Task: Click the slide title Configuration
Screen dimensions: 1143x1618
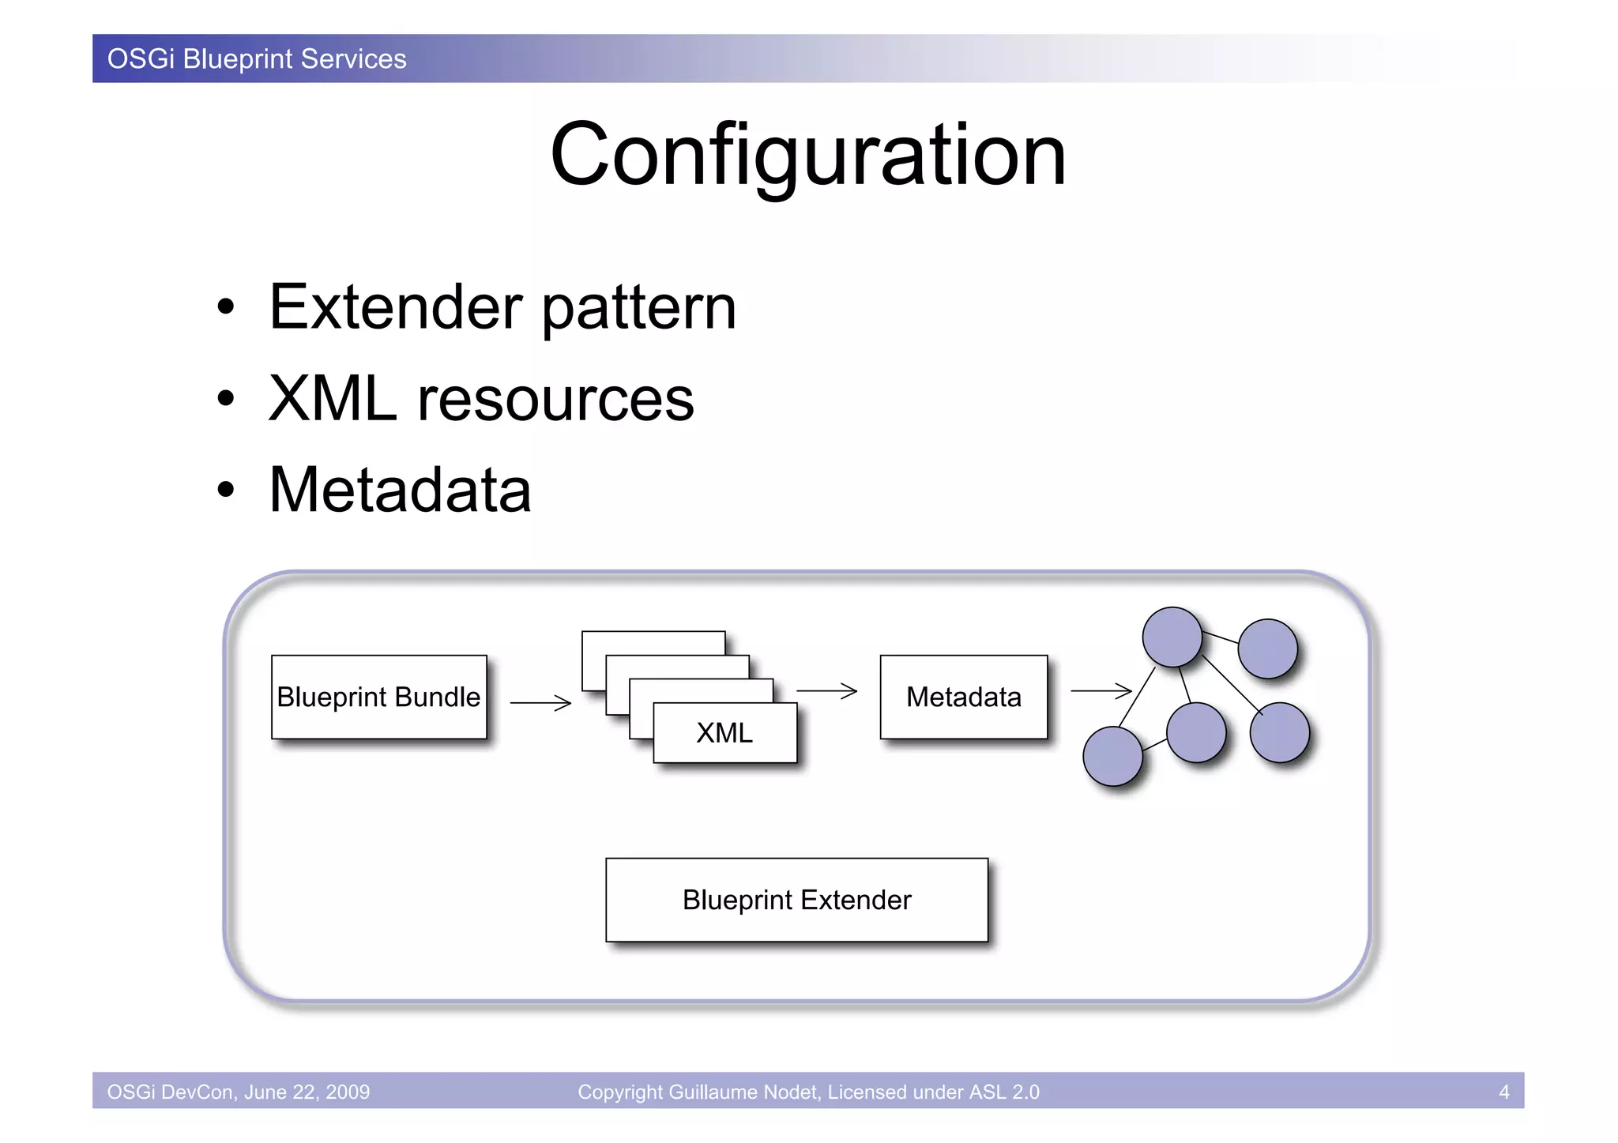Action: (x=807, y=155)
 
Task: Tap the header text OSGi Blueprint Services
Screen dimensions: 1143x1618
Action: (x=257, y=59)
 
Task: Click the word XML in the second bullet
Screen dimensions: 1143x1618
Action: (x=332, y=399)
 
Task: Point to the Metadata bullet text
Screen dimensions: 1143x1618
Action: (x=400, y=490)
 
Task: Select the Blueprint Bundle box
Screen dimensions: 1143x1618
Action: (x=378, y=697)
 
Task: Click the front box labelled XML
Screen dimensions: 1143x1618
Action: (x=724, y=733)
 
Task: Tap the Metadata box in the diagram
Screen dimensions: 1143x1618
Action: (x=963, y=697)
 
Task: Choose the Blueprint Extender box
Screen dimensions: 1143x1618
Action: (x=796, y=900)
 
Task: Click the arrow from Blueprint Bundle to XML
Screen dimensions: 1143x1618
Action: (x=541, y=702)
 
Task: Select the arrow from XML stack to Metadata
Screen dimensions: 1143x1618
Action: (x=826, y=690)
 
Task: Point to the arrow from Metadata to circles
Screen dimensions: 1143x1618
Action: (x=1101, y=690)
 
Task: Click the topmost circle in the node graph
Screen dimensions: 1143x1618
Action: (x=1172, y=637)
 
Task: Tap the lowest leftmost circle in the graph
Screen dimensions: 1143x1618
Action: (x=1112, y=757)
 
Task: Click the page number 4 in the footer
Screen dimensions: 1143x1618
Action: (x=1503, y=1092)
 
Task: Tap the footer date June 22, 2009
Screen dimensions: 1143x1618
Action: (x=307, y=1092)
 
